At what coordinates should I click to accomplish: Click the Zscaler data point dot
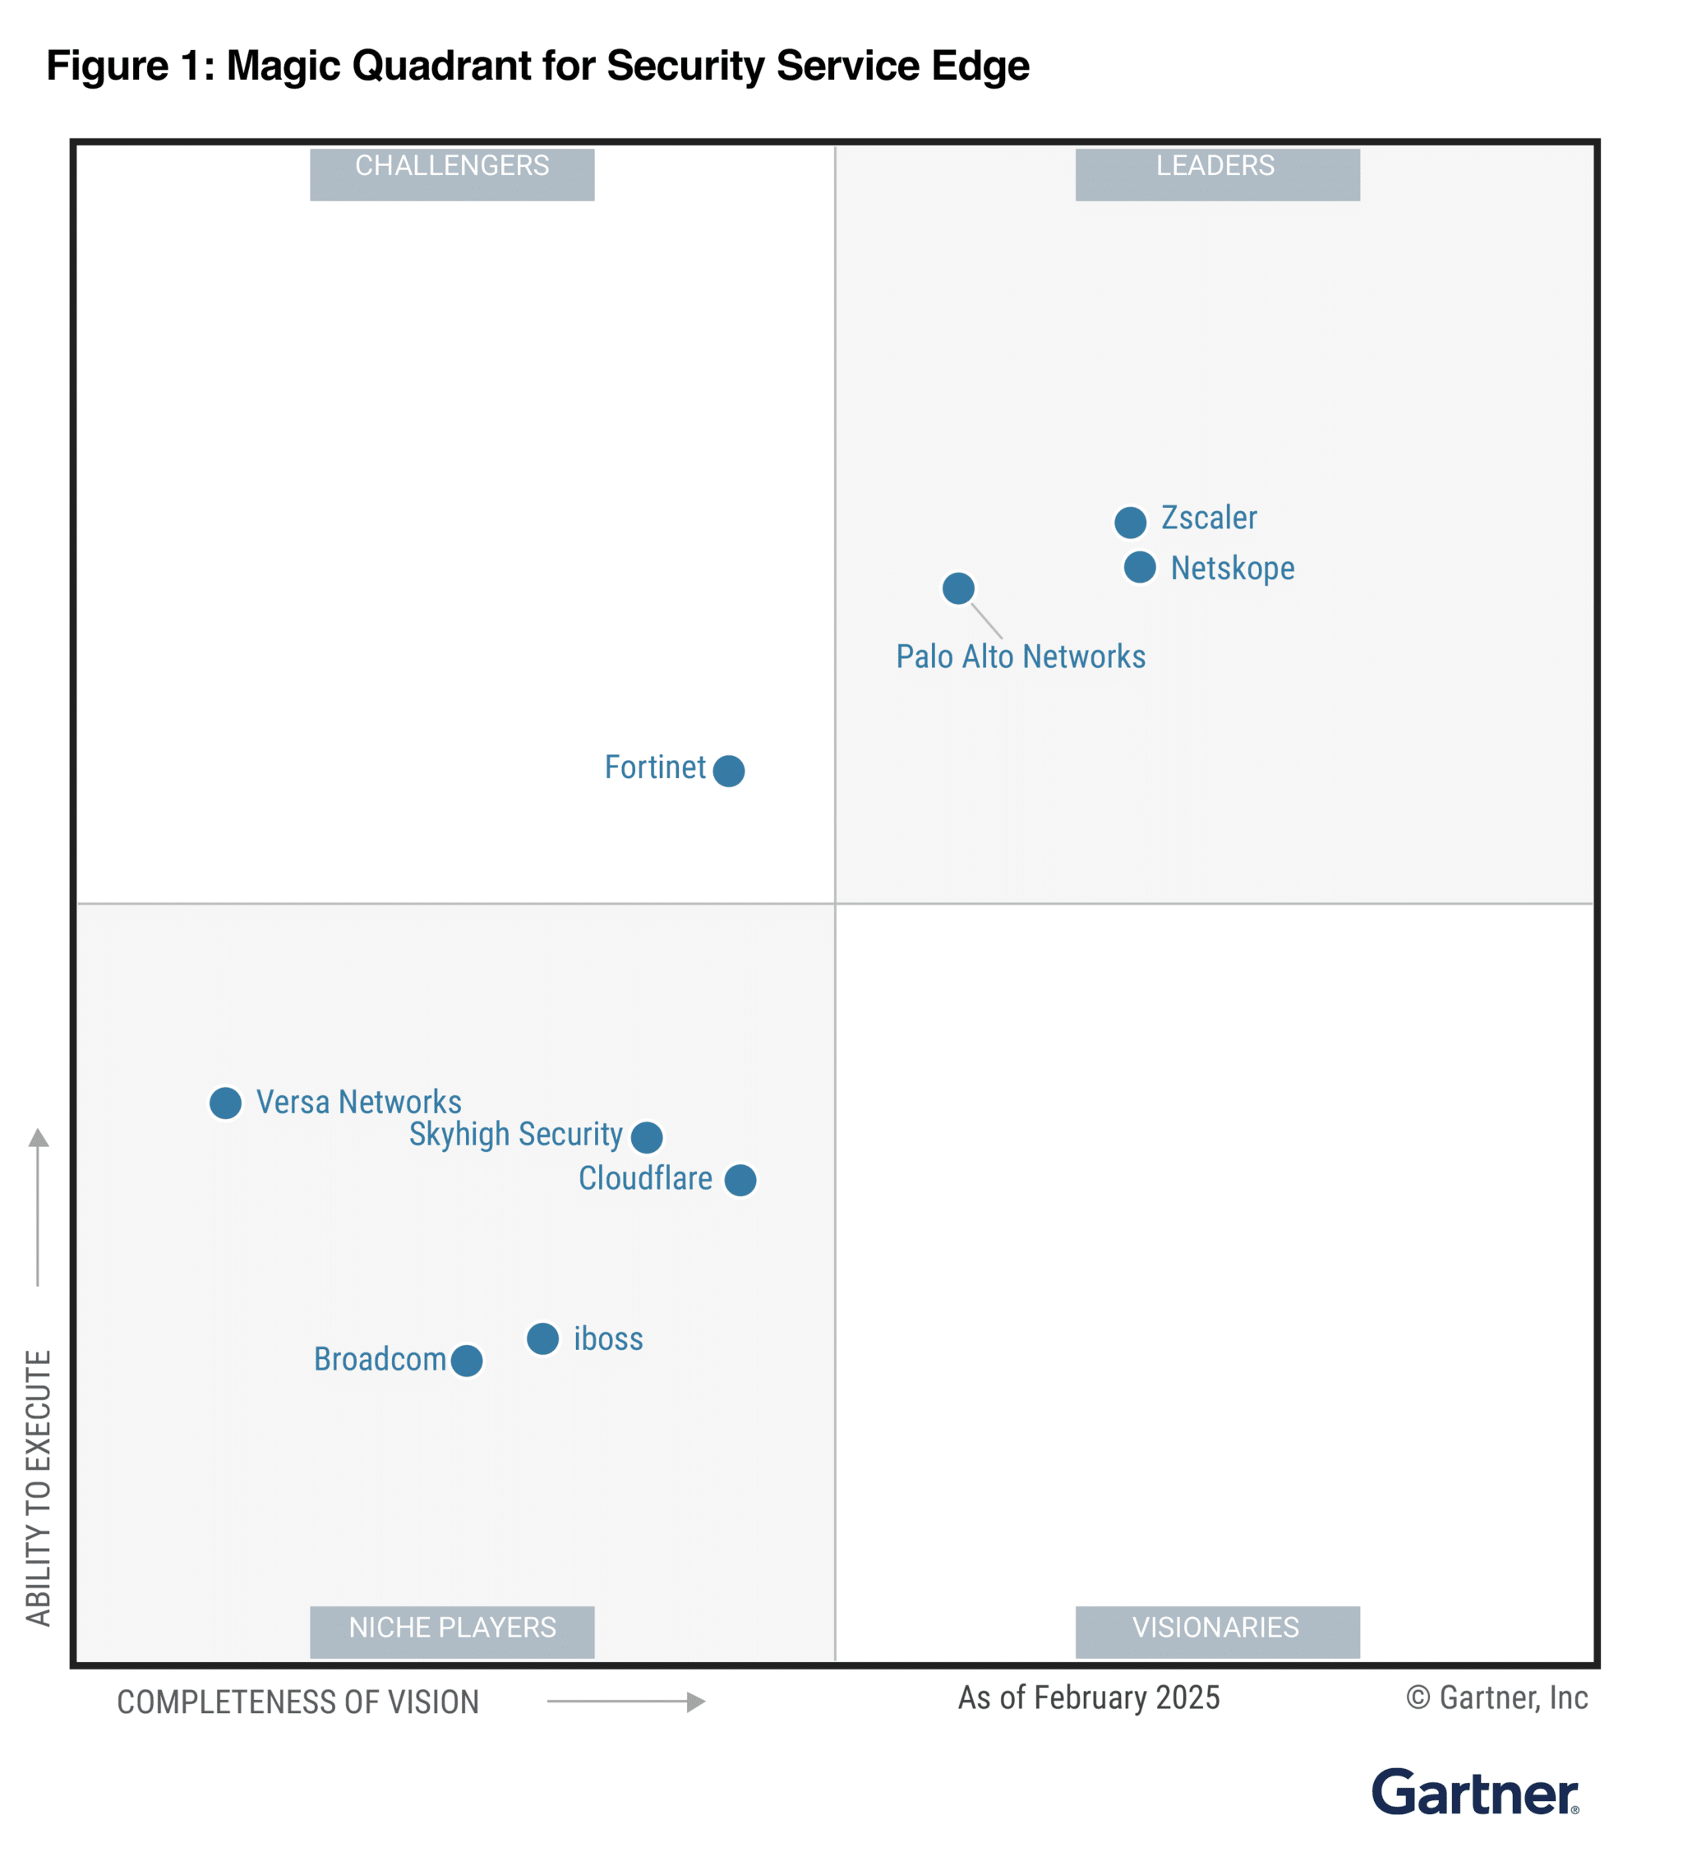tap(1130, 523)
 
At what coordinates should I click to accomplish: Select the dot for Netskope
tap(1139, 567)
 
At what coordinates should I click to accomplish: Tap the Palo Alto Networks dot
tap(958, 588)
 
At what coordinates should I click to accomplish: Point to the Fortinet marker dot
tap(728, 770)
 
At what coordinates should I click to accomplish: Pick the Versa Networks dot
tap(225, 1102)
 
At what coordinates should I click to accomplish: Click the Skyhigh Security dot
tap(646, 1136)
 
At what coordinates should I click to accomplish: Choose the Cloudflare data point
tap(740, 1180)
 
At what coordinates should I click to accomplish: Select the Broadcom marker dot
tap(467, 1360)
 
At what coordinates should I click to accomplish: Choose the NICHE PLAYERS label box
tap(451, 1631)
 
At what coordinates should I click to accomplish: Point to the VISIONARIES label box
tap(1217, 1631)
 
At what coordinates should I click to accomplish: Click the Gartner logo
tap(1474, 1793)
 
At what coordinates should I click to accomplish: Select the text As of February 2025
tap(1089, 1697)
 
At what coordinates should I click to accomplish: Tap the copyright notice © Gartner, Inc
tap(1496, 1697)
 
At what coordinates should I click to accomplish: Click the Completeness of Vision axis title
tap(297, 1702)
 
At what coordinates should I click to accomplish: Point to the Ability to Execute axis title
tap(38, 1487)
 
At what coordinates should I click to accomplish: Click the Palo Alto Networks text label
tap(1020, 656)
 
